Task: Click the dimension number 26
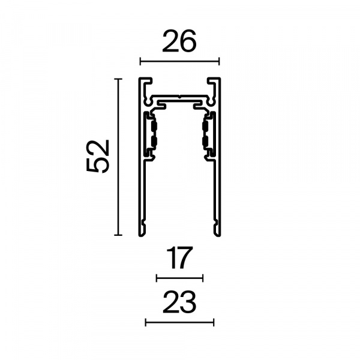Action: click(179, 41)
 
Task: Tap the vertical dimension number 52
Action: click(97, 156)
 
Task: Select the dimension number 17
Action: click(179, 258)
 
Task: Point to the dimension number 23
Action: click(179, 302)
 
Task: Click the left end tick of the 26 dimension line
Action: click(140, 62)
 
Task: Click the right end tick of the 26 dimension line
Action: click(219, 62)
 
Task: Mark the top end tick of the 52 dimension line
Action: click(118, 79)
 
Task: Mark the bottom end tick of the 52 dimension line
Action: click(118, 235)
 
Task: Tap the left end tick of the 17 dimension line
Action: click(157, 278)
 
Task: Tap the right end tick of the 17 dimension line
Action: click(203, 278)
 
